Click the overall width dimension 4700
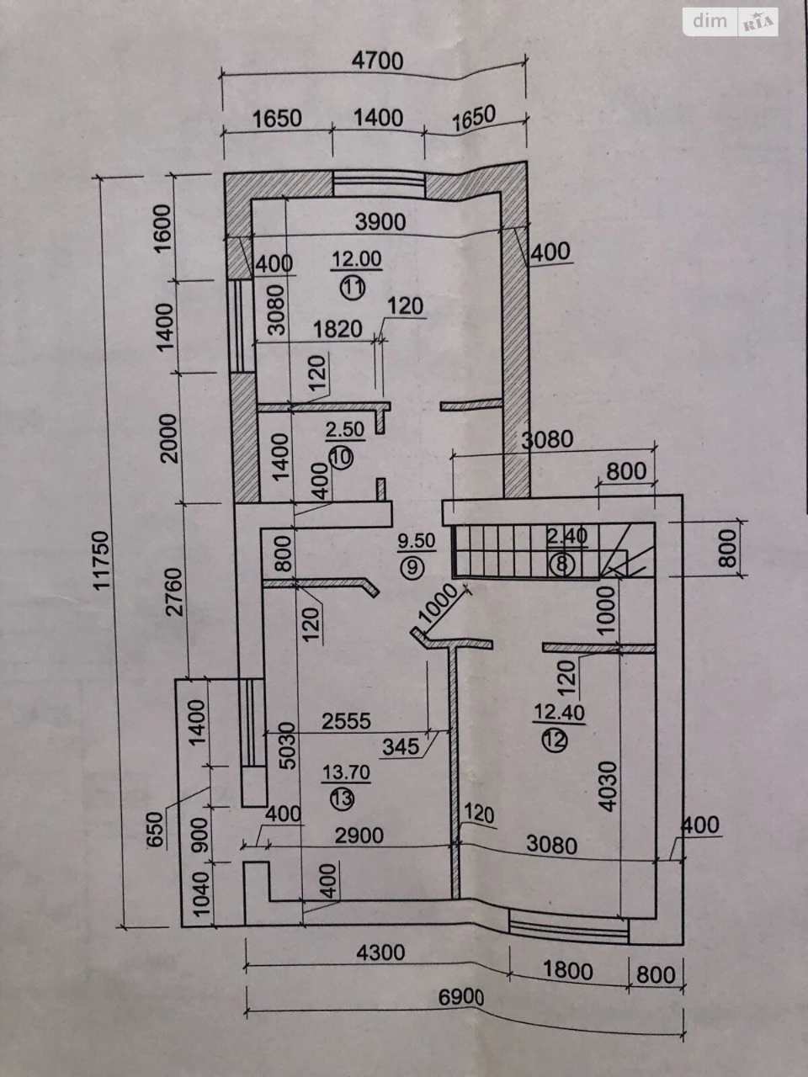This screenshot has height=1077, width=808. [378, 61]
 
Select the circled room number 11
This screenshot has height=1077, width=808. [353, 288]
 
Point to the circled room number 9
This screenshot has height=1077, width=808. [412, 567]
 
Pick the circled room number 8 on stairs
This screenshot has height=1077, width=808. [561, 565]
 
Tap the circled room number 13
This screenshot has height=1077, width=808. [342, 798]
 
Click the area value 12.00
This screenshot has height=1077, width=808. [357, 258]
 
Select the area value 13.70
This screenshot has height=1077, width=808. [347, 772]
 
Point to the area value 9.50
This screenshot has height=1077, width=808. [417, 541]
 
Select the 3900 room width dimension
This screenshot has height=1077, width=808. [380, 222]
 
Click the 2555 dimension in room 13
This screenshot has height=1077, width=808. [347, 721]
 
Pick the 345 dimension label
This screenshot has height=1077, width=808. [401, 747]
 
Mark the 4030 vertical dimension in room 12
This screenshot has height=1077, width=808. [608, 786]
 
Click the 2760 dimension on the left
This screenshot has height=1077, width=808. [175, 592]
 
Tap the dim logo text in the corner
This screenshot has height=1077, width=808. [710, 20]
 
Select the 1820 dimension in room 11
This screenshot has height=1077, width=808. [338, 329]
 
